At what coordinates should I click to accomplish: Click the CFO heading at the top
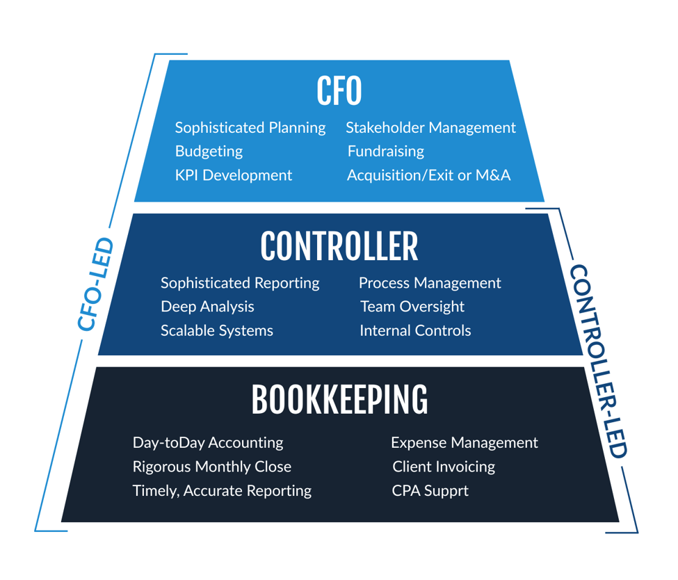pos(339,91)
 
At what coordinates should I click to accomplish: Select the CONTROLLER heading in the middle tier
pos(339,246)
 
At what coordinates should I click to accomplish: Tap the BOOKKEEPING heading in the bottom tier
pos(339,400)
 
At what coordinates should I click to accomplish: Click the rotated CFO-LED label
pos(95,284)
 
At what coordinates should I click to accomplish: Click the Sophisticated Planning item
pos(250,128)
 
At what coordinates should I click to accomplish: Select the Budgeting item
pos(209,152)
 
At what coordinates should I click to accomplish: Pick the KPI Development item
pos(233,175)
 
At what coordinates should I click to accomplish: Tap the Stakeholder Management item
pos(430,128)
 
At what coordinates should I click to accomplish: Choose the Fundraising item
pos(385,152)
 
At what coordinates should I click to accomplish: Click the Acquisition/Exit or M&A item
pos(428,175)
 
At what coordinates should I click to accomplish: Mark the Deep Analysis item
pos(207,307)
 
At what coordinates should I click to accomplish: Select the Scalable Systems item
pos(216,330)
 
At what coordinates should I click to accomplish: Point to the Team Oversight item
pos(412,307)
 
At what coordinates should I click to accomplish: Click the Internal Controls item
pos(414,330)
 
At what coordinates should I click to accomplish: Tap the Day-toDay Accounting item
pos(207,443)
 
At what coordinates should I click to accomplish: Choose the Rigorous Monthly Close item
pos(211,467)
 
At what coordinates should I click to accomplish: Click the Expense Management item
pos(464,443)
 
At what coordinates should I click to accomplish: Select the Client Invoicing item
pos(443,467)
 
